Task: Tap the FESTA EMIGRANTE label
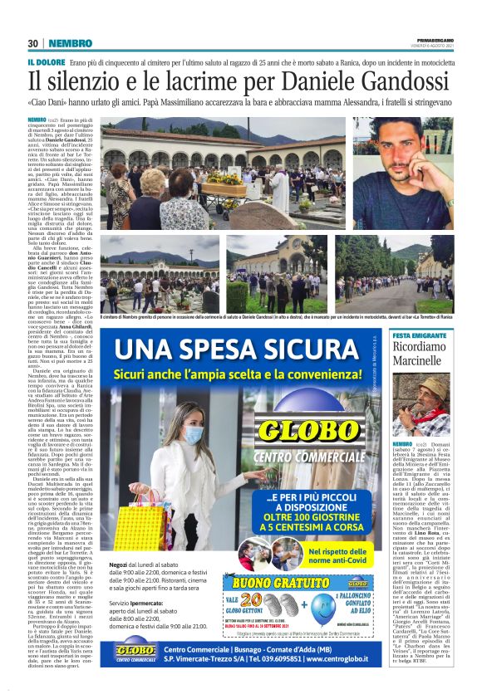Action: coord(422,334)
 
